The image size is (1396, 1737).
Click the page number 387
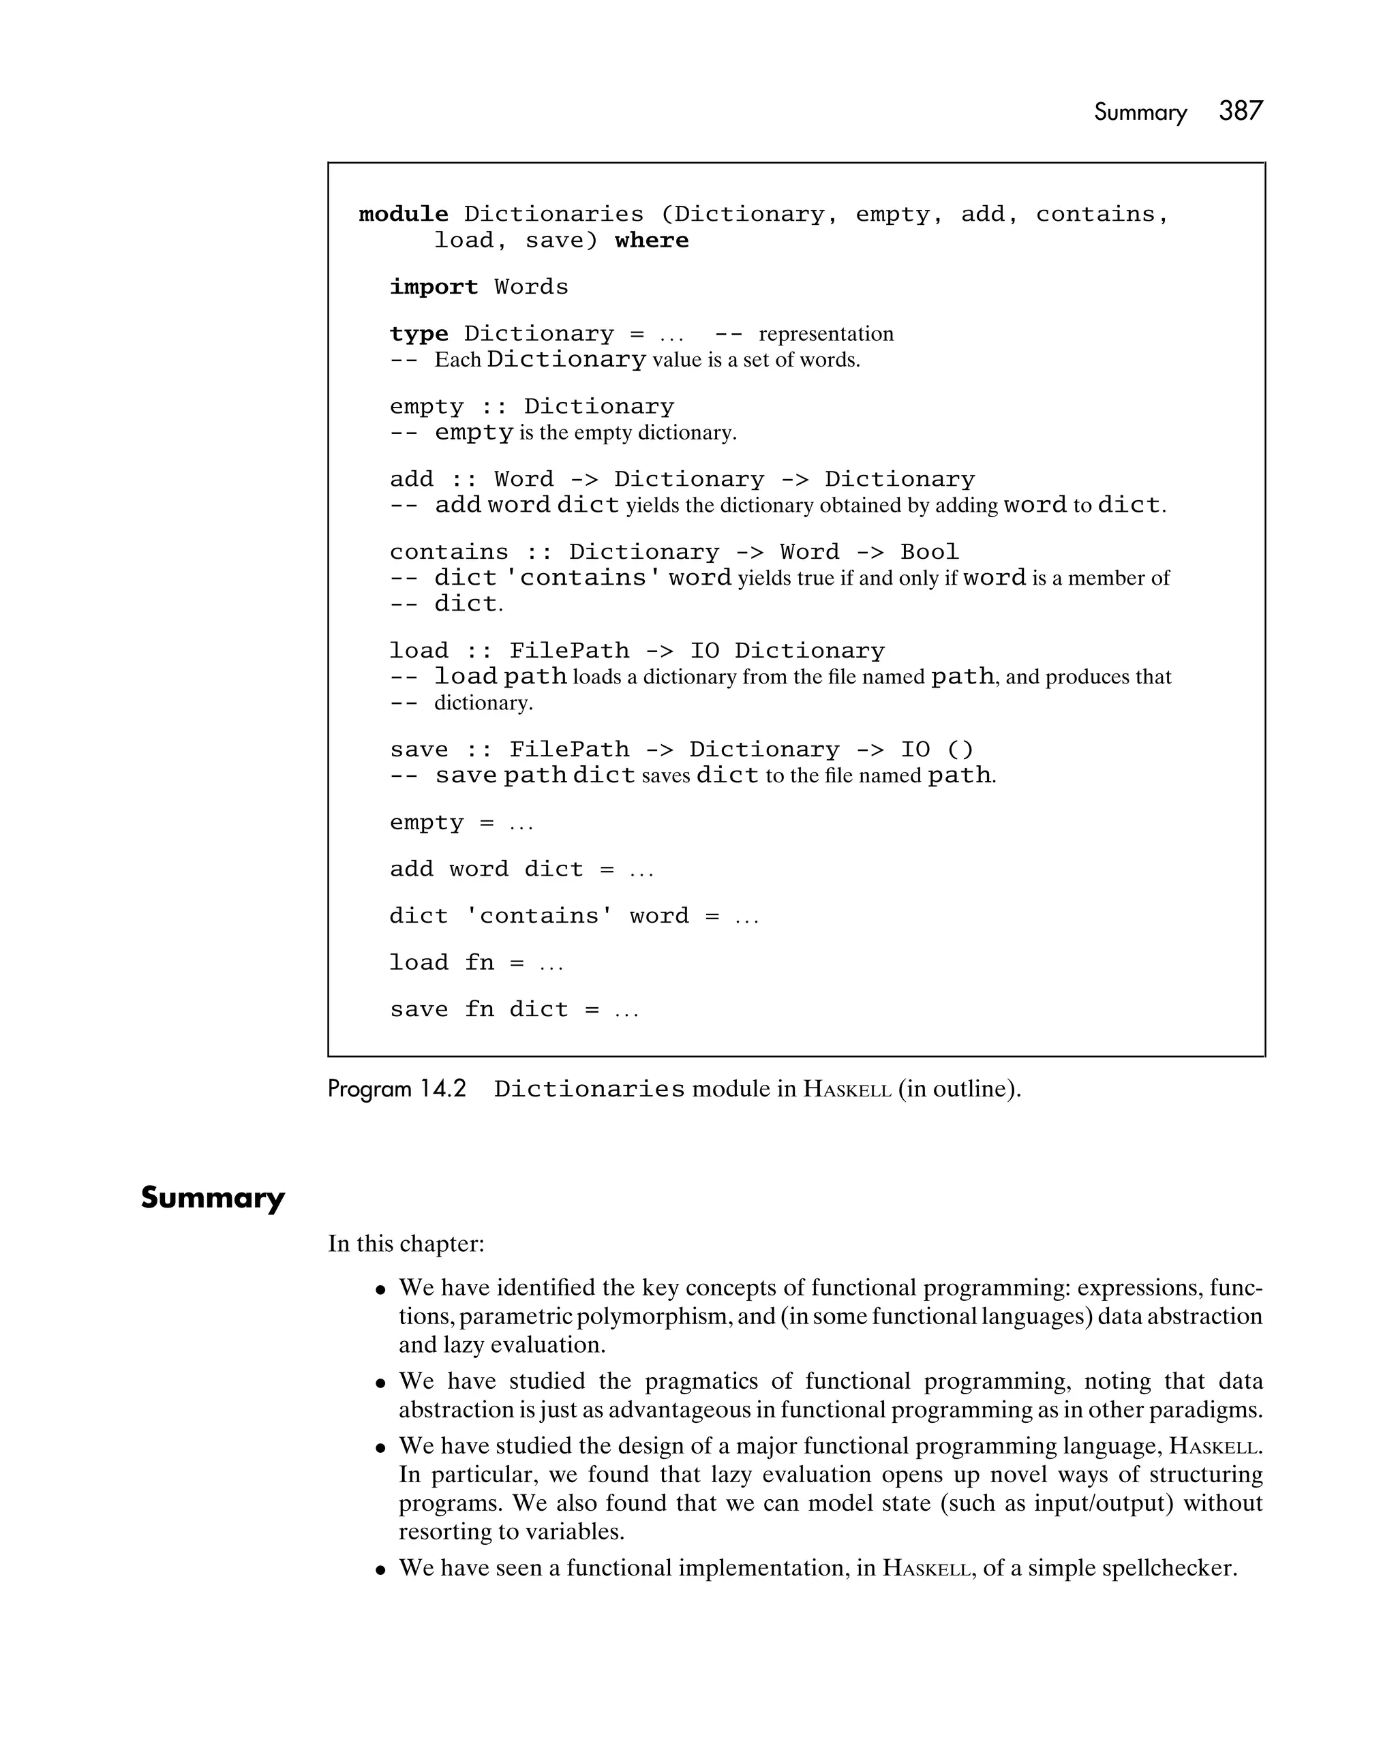tap(1241, 111)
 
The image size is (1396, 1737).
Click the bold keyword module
tap(403, 214)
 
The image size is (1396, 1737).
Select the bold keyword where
tap(651, 240)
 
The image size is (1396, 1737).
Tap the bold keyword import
tap(434, 287)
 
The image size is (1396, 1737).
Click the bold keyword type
tap(419, 333)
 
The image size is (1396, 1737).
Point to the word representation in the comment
tap(825, 333)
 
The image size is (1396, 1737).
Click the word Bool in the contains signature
tap(929, 552)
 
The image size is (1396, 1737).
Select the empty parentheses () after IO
tap(960, 750)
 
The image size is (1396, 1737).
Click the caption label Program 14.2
tap(397, 1088)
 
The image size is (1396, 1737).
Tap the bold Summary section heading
tap(213, 1197)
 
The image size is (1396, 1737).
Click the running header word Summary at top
tap(1140, 113)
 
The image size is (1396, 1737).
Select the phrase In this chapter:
tap(406, 1243)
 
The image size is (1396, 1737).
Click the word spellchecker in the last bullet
tap(1168, 1568)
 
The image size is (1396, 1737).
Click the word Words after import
tap(531, 287)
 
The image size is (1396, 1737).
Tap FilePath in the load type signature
tap(569, 651)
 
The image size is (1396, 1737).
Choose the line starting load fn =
tap(476, 963)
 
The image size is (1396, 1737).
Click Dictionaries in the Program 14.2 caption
tap(589, 1089)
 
